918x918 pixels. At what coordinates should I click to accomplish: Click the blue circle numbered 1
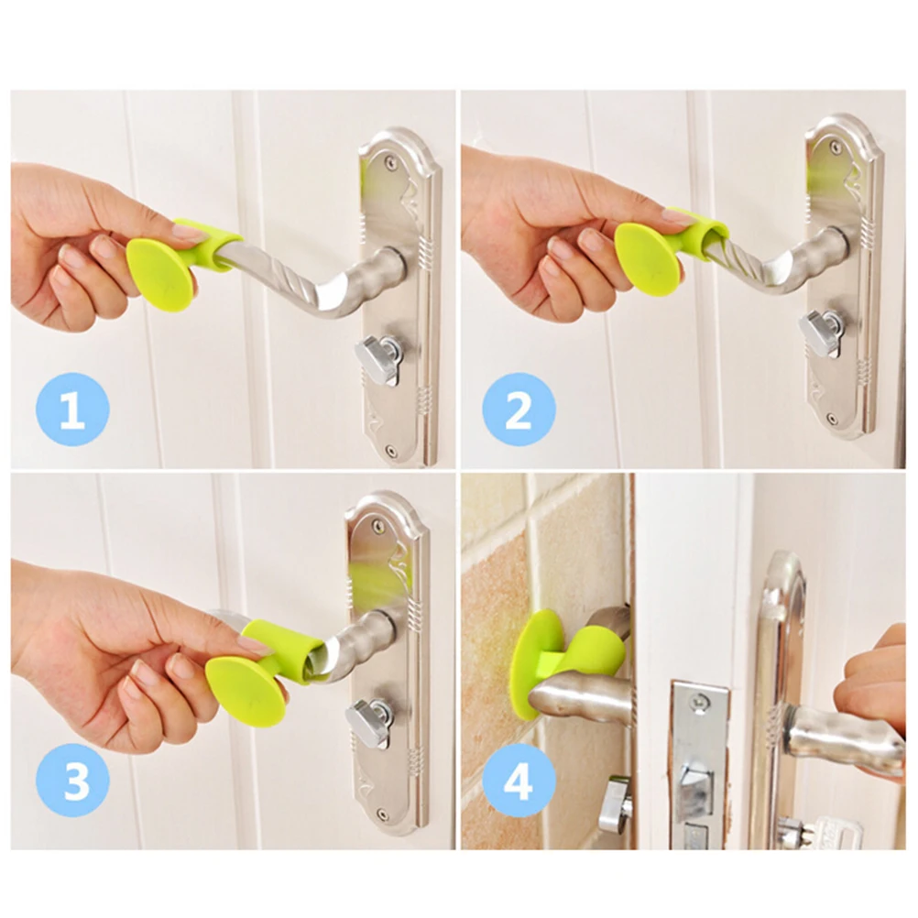click(x=72, y=410)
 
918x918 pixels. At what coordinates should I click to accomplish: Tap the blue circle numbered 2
click(x=519, y=410)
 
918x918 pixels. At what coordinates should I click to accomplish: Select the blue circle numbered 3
click(x=72, y=781)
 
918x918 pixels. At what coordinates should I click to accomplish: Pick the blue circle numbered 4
click(x=519, y=781)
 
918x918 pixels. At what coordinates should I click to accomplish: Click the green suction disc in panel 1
click(x=161, y=275)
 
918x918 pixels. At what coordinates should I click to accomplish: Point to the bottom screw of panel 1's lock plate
click(x=390, y=452)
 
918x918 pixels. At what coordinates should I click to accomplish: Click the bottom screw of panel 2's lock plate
click(x=831, y=420)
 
